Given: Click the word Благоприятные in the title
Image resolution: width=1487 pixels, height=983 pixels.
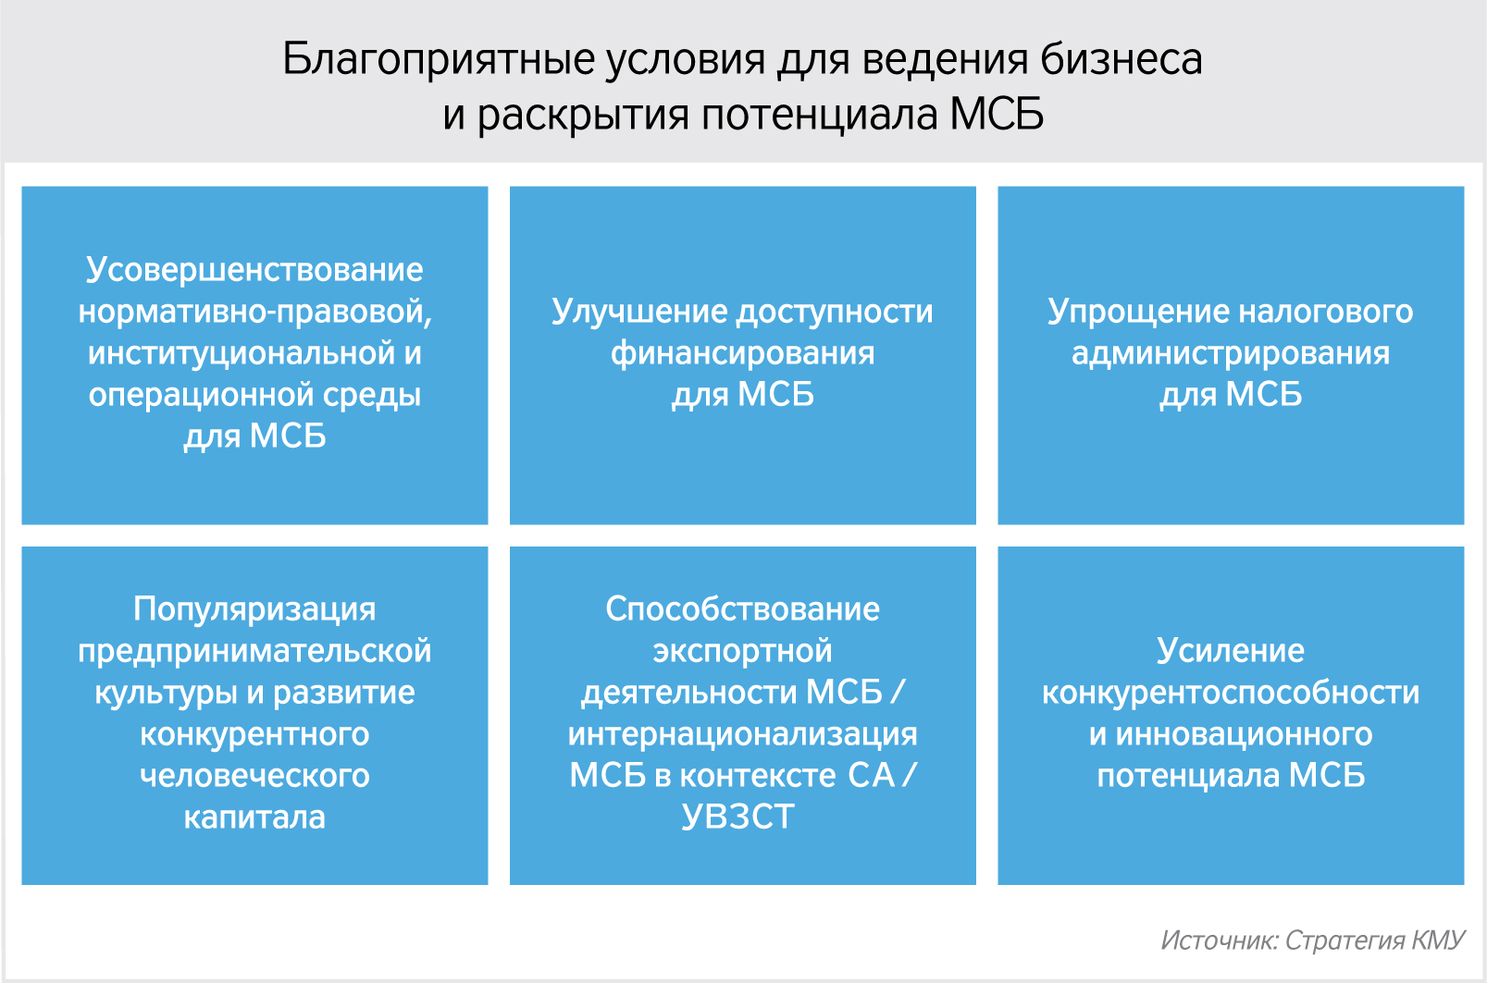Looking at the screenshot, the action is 438,60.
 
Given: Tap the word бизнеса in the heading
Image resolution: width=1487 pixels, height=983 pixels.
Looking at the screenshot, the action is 1121,59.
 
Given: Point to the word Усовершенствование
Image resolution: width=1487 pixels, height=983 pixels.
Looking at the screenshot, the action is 254,271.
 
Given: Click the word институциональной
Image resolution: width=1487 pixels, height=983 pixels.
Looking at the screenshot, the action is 241,353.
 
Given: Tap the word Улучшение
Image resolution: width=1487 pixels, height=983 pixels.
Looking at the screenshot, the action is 638,312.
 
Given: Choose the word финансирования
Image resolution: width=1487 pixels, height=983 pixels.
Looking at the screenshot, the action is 742,353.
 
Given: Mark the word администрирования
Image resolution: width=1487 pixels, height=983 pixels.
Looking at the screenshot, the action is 1230,353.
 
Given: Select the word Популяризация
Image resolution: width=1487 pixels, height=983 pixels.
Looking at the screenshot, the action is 254,609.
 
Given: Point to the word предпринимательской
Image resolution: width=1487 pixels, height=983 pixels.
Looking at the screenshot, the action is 254,651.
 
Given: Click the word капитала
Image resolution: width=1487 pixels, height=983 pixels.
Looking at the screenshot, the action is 254,817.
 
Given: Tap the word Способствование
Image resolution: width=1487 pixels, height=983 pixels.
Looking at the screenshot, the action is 742,609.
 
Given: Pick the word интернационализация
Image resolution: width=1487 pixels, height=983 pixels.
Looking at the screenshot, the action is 742,735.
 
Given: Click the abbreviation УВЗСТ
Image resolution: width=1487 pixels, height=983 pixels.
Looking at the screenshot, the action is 738,817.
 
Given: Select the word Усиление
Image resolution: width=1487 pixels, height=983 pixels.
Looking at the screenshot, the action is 1230,651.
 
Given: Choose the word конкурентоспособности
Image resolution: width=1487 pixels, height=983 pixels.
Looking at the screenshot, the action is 1230,694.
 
